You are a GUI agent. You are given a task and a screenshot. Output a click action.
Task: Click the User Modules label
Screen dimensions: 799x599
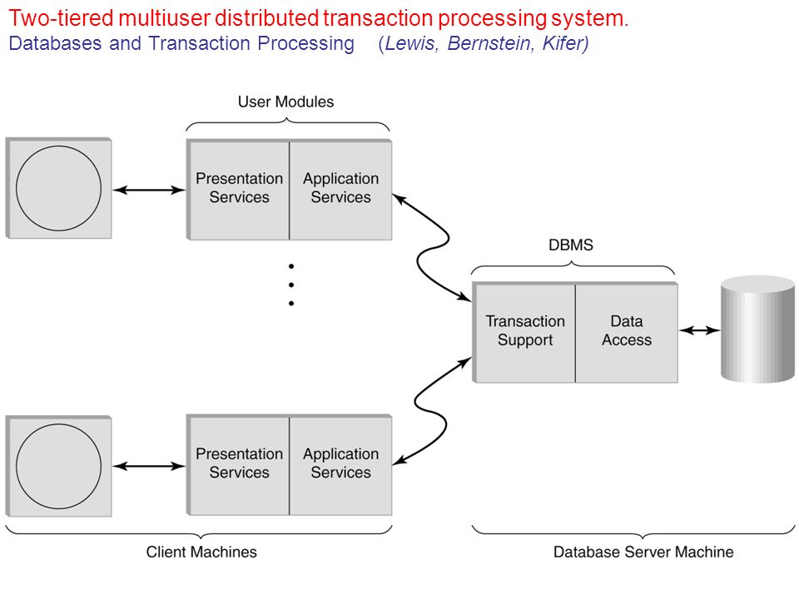click(x=285, y=101)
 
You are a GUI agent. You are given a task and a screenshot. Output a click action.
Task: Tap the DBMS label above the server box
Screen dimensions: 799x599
click(x=571, y=245)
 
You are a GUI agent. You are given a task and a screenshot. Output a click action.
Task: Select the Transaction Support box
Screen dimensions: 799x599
click(x=525, y=332)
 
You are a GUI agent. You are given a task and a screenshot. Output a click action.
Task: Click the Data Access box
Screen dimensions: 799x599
click(x=627, y=332)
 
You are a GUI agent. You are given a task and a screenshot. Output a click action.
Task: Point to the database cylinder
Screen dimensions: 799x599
click(x=757, y=329)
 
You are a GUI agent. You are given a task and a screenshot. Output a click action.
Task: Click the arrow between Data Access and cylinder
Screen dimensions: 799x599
click(x=700, y=330)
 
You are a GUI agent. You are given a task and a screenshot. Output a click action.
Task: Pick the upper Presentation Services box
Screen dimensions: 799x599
click(x=239, y=190)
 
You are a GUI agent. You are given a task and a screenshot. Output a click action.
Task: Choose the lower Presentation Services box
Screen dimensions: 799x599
click(x=239, y=464)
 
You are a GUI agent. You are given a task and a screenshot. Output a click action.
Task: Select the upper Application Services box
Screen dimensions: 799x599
click(x=341, y=190)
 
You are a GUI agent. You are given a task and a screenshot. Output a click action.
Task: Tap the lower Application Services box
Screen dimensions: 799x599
click(x=341, y=464)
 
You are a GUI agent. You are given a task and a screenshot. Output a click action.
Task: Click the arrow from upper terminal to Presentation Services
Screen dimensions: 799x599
click(x=149, y=190)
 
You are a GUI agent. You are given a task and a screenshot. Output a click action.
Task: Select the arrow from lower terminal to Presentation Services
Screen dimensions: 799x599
click(x=149, y=466)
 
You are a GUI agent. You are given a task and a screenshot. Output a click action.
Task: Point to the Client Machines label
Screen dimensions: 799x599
click(x=201, y=552)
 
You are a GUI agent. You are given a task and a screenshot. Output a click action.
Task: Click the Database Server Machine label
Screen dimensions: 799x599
click(x=643, y=552)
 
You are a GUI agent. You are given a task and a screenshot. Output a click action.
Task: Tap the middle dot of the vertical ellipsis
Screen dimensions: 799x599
click(x=291, y=285)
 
